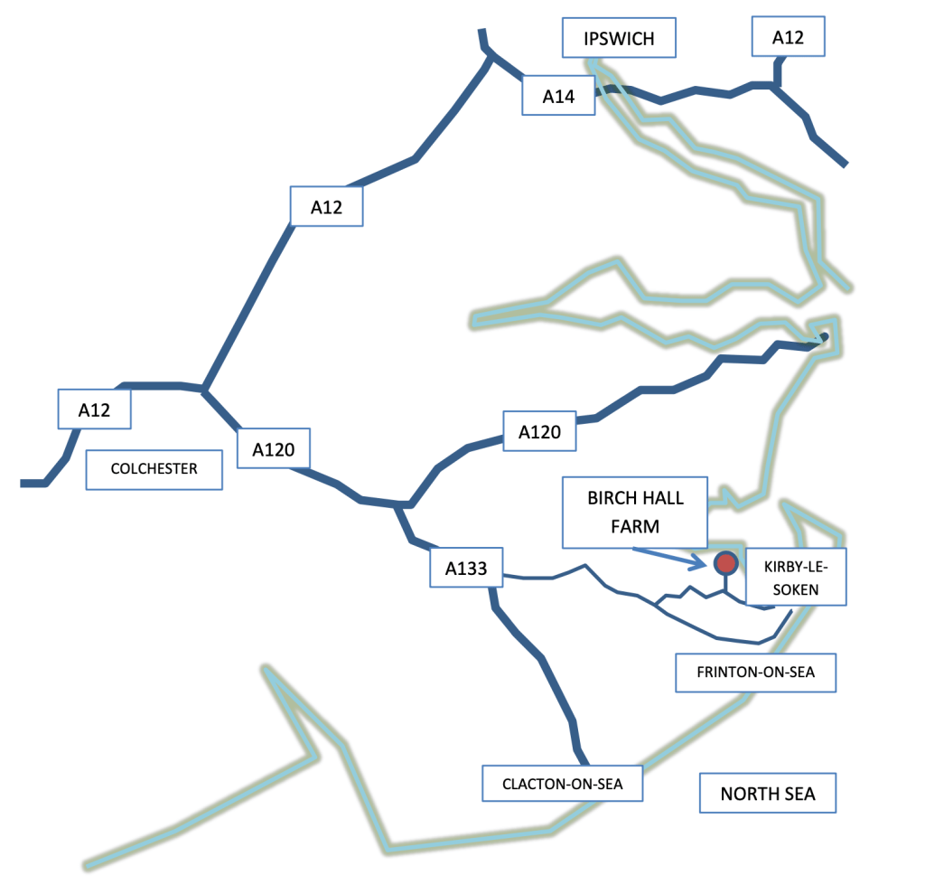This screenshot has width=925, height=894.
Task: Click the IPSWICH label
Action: pyautogui.click(x=619, y=38)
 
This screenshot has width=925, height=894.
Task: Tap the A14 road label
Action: pyautogui.click(x=558, y=96)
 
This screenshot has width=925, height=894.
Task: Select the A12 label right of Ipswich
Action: pyautogui.click(x=788, y=37)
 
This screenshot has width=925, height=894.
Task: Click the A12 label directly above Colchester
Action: pyautogui.click(x=94, y=409)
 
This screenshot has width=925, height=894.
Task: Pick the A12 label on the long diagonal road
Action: pyautogui.click(x=326, y=207)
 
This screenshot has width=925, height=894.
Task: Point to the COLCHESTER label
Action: pyautogui.click(x=154, y=469)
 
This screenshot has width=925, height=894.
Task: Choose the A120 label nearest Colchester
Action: pyautogui.click(x=274, y=448)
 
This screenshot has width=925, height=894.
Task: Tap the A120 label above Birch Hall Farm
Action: pyautogui.click(x=539, y=431)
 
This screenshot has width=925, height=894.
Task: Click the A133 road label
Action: pyautogui.click(x=466, y=568)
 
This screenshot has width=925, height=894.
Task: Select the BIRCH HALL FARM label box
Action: pyautogui.click(x=635, y=512)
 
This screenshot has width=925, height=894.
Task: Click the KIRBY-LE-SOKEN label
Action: pyautogui.click(x=796, y=577)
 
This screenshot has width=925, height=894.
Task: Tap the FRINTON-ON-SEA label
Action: pyautogui.click(x=756, y=673)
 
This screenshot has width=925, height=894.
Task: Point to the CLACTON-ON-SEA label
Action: pyautogui.click(x=562, y=784)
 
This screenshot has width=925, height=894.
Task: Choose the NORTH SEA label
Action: pyautogui.click(x=768, y=793)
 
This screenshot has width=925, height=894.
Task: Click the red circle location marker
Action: pyautogui.click(x=725, y=563)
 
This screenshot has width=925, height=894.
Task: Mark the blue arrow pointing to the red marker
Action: pyautogui.click(x=669, y=559)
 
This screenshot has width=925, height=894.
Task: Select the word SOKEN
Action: pyautogui.click(x=796, y=589)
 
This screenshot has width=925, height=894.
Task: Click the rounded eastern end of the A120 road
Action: pyautogui.click(x=824, y=337)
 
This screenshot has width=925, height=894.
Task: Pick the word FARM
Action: pyautogui.click(x=635, y=526)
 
